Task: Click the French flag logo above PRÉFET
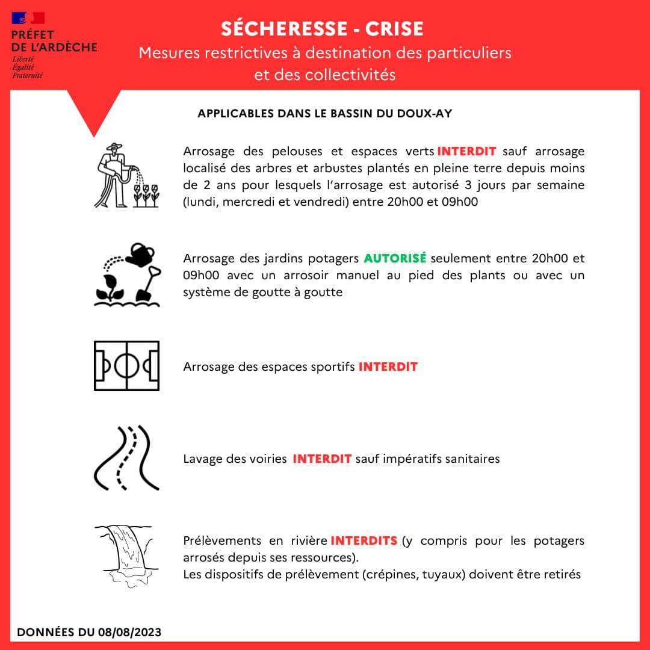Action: click(28, 19)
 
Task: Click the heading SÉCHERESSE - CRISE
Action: click(322, 28)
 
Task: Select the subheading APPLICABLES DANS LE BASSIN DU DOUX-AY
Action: click(324, 113)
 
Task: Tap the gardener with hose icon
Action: click(126, 175)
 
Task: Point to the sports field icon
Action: click(126, 365)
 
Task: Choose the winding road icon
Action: click(126, 457)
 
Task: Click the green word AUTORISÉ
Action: click(395, 258)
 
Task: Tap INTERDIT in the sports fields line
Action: click(388, 367)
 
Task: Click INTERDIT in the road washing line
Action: click(322, 459)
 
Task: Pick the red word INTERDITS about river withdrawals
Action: click(364, 540)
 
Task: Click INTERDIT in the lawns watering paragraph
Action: click(466, 151)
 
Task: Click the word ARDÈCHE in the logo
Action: click(68, 46)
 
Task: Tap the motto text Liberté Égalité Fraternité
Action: click(27, 67)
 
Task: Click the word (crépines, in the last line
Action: click(389, 574)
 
